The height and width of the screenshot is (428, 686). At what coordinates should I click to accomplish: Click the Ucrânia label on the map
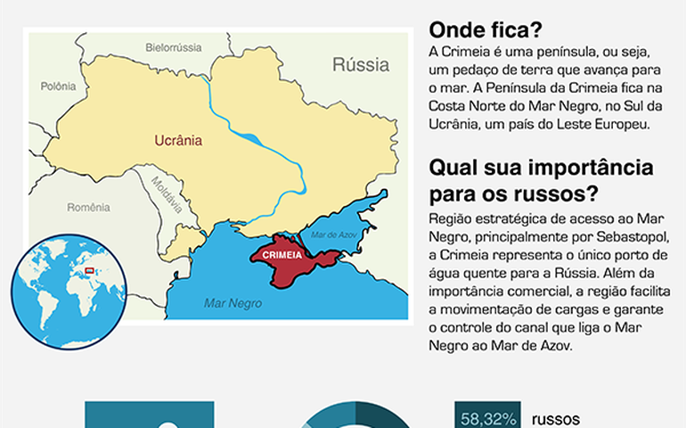pos(178,140)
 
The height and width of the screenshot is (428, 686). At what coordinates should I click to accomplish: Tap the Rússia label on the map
pos(361,64)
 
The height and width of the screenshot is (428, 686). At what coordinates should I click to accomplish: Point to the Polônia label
pos(59,86)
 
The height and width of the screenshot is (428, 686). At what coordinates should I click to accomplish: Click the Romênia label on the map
pos(89,207)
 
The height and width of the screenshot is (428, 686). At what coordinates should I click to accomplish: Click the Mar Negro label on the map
pos(233,302)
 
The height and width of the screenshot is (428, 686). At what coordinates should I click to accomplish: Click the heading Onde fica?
pos(485,29)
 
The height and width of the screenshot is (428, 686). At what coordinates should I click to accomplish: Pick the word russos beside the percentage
pos(556,418)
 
